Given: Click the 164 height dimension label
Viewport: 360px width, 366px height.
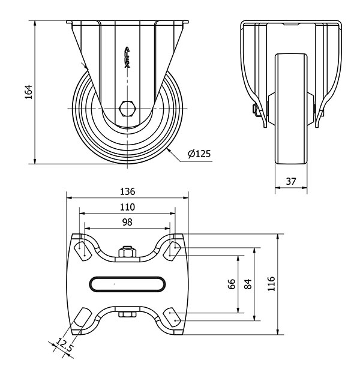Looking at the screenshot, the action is click(29, 92).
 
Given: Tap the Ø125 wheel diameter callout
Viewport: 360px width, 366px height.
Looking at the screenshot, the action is click(199, 154).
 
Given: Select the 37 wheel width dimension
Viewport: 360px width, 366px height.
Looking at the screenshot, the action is click(291, 181).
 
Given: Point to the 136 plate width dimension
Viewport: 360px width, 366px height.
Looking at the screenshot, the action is click(127, 191).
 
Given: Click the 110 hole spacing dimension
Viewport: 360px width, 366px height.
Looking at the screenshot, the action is click(127, 207).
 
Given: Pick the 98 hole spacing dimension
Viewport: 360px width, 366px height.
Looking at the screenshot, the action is click(127, 222).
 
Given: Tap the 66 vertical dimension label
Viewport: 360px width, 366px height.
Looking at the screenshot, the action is click(232, 284).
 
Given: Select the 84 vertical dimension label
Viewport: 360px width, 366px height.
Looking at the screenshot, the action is click(248, 284).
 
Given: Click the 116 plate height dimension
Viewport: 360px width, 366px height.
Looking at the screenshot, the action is click(271, 284).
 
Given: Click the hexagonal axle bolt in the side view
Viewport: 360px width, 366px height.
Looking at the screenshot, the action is click(127, 109).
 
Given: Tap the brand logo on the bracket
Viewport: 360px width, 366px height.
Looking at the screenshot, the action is click(127, 57).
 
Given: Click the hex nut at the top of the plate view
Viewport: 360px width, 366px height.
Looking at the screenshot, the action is click(127, 251).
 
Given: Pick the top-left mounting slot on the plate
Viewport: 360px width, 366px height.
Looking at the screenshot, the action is click(82, 251).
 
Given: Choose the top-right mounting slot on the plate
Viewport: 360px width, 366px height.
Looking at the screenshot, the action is click(172, 251).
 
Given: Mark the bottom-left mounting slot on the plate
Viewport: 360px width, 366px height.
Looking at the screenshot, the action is click(82, 317).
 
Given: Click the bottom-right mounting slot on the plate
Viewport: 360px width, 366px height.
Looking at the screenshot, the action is click(172, 317).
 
